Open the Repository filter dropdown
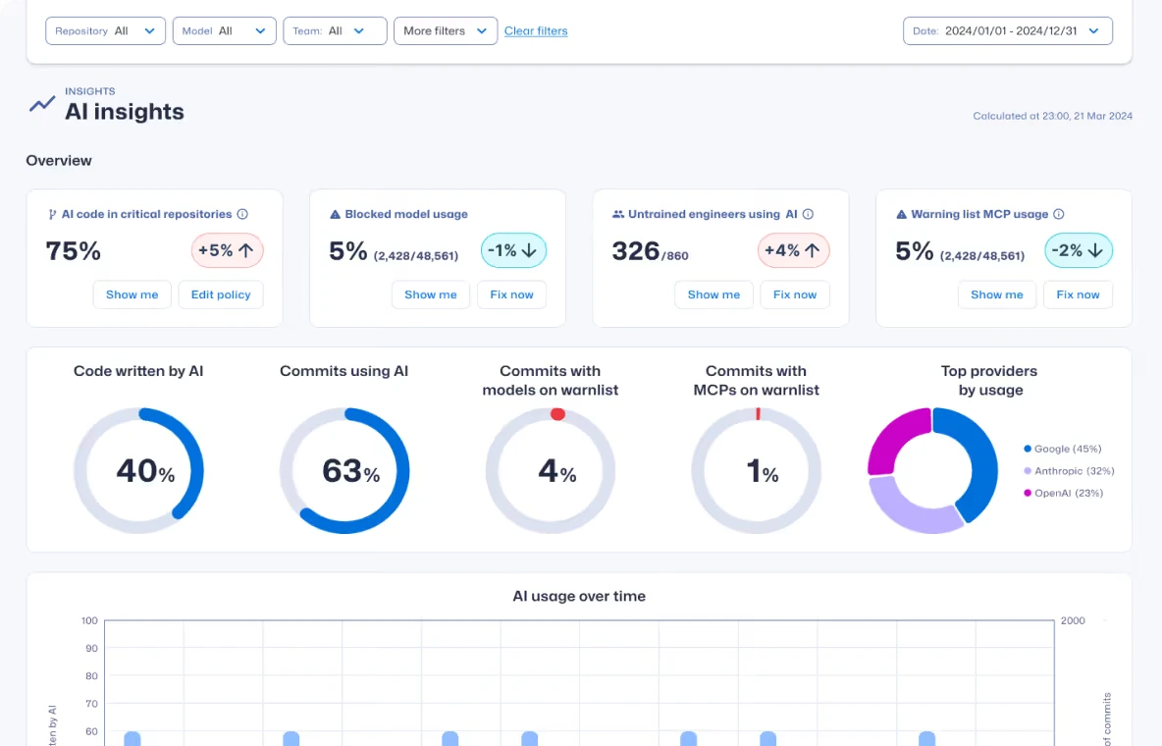[x=105, y=31]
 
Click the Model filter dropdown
[x=224, y=31]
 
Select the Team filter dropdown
[x=335, y=31]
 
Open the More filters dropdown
[x=446, y=31]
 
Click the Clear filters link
[x=536, y=31]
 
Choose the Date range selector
[x=1007, y=31]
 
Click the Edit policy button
[x=221, y=294]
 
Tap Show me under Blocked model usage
[x=431, y=294]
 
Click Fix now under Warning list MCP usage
[x=1078, y=294]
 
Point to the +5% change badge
[x=227, y=251]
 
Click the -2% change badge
[x=1077, y=251]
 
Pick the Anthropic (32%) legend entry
[x=1074, y=471]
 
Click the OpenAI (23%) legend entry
[x=1068, y=493]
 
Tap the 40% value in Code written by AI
[x=145, y=472]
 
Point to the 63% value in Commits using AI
[x=350, y=472]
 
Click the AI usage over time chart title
[x=579, y=596]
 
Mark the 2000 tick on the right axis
[x=1073, y=621]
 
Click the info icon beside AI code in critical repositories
[x=242, y=214]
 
